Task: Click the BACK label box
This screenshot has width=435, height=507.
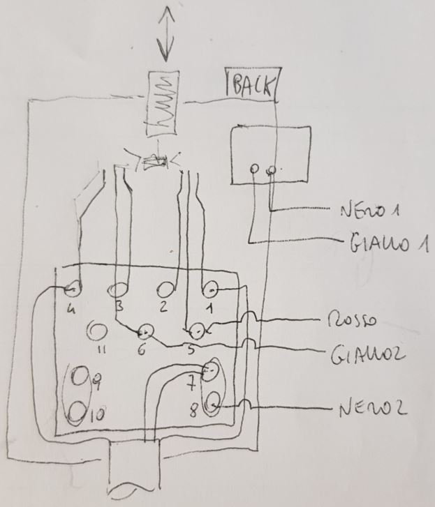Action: (x=251, y=86)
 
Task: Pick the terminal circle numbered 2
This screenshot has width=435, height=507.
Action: (x=166, y=288)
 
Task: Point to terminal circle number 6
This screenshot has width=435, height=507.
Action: (x=146, y=330)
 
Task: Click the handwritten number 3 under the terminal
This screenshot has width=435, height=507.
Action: (x=119, y=307)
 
